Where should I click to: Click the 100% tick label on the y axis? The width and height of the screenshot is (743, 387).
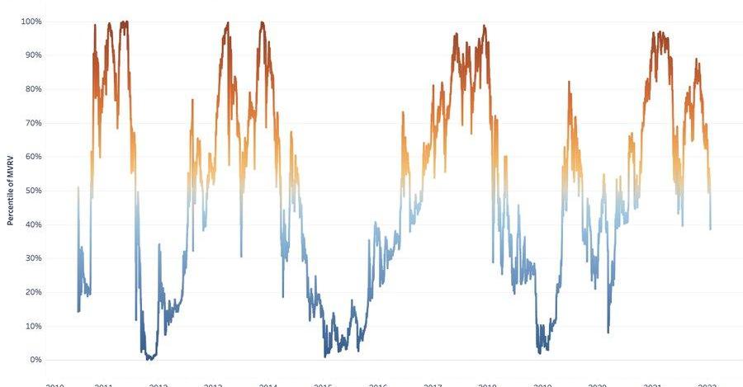pyautogui.click(x=31, y=21)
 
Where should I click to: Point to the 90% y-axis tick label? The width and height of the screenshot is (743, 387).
pyautogui.click(x=32, y=54)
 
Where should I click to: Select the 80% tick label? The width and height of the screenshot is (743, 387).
pyautogui.click(x=32, y=88)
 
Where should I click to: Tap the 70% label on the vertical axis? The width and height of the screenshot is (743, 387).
pyautogui.click(x=32, y=122)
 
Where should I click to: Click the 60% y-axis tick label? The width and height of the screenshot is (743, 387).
pyautogui.click(x=32, y=156)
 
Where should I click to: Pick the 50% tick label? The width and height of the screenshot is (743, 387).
pyautogui.click(x=32, y=190)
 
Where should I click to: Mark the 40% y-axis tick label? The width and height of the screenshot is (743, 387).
pyautogui.click(x=32, y=224)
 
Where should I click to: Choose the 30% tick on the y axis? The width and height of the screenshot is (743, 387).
pyautogui.click(x=32, y=257)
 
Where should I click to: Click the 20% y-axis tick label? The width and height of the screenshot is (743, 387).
pyautogui.click(x=32, y=291)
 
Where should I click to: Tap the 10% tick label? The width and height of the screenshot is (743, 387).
pyautogui.click(x=32, y=325)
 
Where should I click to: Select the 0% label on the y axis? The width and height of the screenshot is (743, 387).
pyautogui.click(x=35, y=359)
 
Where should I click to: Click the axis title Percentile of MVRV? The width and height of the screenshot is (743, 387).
pyautogui.click(x=10, y=191)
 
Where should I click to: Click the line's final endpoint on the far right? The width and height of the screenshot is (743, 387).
pyautogui.click(x=710, y=229)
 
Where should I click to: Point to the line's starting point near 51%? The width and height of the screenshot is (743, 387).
pyautogui.click(x=78, y=187)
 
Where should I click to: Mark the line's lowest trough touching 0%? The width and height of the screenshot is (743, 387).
pyautogui.click(x=149, y=359)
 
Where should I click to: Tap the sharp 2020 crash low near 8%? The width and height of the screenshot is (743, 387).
pyautogui.click(x=608, y=332)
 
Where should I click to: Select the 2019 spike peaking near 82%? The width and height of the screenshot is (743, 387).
pyautogui.click(x=569, y=83)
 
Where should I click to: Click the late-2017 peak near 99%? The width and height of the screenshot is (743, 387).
pyautogui.click(x=485, y=26)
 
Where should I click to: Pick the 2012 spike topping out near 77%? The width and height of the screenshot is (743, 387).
pyautogui.click(x=192, y=100)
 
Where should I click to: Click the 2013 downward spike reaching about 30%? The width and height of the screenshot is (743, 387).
pyautogui.click(x=241, y=256)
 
